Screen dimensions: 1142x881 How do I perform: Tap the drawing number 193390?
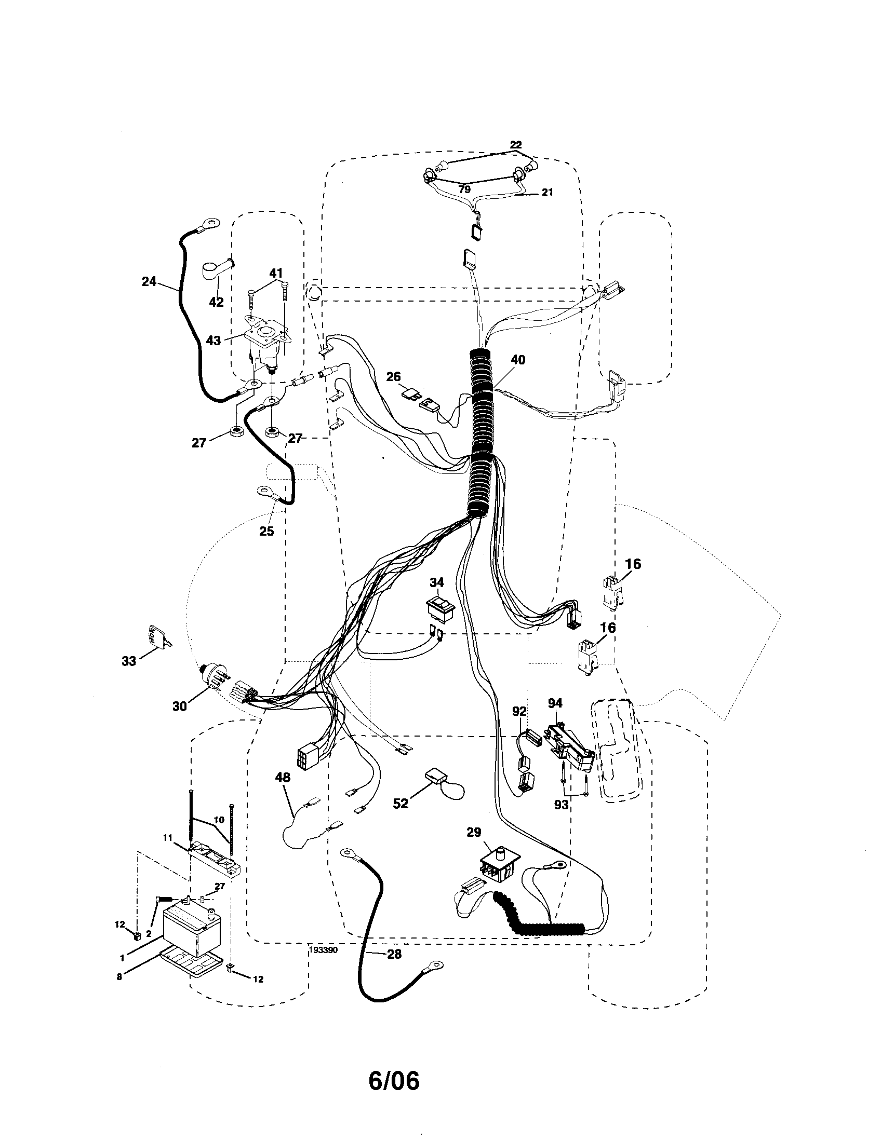point(323,950)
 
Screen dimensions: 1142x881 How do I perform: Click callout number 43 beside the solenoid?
point(213,340)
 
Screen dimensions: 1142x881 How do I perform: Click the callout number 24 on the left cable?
point(149,282)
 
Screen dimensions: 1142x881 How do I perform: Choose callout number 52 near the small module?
point(400,804)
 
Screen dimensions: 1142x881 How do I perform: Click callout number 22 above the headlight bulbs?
point(516,145)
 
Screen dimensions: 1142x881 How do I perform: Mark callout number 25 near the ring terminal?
point(267,531)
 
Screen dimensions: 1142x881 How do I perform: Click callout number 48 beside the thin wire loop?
point(283,778)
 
